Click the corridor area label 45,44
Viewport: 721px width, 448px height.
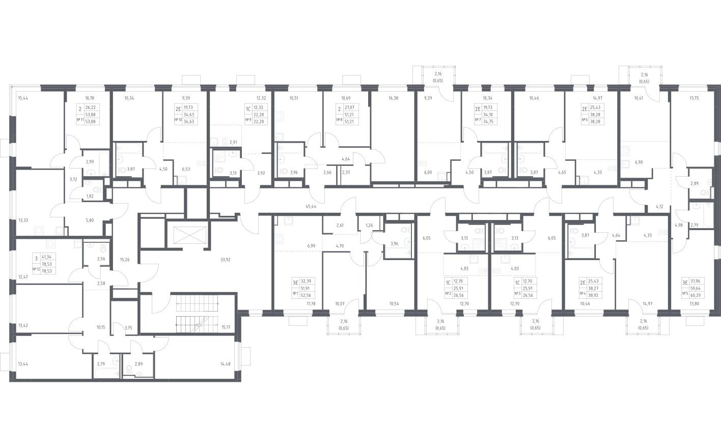click(x=312, y=207)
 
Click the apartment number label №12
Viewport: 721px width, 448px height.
click(x=36, y=269)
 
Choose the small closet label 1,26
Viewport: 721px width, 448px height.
click(x=369, y=226)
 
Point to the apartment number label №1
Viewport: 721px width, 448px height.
click(x=295, y=293)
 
